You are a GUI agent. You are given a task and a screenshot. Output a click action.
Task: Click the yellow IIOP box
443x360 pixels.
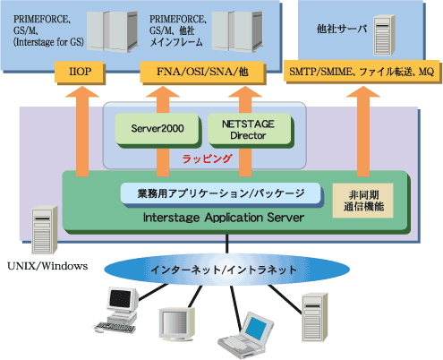coord(79,72)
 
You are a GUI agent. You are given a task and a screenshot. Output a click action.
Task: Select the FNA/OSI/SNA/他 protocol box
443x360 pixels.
coord(202,72)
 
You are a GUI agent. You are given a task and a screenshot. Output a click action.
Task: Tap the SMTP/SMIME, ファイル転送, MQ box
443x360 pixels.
coord(362,72)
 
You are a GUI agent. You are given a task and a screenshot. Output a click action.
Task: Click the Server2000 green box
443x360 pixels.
coord(157,129)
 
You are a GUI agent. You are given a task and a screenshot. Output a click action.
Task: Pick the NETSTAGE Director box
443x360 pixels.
coord(248,129)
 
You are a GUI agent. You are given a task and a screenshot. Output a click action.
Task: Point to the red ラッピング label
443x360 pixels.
coord(207,159)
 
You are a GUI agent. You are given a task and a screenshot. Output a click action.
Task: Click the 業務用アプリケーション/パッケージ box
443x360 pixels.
coord(221,193)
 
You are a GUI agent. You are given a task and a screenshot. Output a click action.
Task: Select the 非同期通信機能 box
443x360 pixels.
coord(362,201)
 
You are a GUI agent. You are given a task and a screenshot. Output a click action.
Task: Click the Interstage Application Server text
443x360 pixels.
coord(224,218)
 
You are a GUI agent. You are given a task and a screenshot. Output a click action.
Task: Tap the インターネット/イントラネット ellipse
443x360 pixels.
coord(226,270)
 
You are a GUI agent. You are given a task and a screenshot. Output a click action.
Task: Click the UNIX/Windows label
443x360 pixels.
coord(47,266)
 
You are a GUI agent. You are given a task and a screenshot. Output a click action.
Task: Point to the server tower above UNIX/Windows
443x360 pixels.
coord(45,230)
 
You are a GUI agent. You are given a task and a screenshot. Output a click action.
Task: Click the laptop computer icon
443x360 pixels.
coord(246,335)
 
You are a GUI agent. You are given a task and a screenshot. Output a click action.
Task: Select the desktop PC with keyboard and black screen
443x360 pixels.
coord(117,310)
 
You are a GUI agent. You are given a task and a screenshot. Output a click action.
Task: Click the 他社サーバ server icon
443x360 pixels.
coord(384,35)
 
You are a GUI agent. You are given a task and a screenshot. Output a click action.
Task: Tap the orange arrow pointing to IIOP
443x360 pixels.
coord(82,132)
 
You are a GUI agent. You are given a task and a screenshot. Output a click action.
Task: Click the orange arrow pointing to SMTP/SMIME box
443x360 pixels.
coord(363,132)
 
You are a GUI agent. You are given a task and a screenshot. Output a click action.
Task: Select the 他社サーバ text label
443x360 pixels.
coord(342,29)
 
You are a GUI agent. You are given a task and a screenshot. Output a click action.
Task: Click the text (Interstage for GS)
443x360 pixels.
coord(48,42)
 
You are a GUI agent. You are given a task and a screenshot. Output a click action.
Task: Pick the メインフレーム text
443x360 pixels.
coord(176,42)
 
